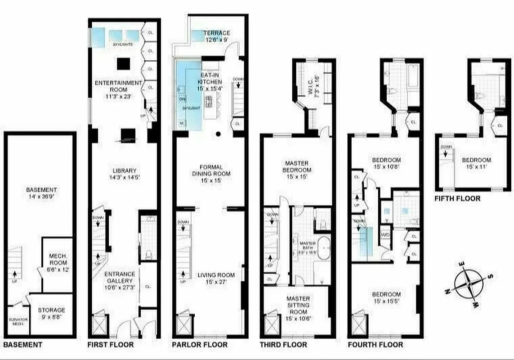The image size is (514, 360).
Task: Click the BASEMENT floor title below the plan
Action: (22, 345)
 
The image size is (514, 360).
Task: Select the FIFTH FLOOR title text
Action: (457, 198)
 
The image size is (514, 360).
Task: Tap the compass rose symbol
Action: (469, 284)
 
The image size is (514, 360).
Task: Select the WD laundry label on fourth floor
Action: (385, 234)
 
